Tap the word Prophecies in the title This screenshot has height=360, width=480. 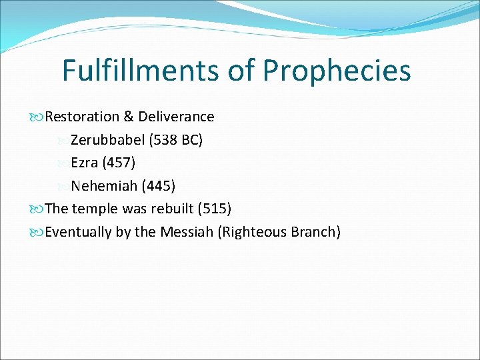point(337,70)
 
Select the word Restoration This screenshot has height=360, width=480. point(83,117)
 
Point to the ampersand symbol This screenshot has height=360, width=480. point(129,117)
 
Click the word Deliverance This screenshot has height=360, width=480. point(176,117)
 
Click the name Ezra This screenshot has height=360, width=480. point(84,163)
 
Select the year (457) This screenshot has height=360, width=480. point(119,163)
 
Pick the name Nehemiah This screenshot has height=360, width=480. point(104,185)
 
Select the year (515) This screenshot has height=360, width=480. point(214,209)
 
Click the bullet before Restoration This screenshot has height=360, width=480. point(39,117)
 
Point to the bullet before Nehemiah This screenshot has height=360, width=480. point(63,186)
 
